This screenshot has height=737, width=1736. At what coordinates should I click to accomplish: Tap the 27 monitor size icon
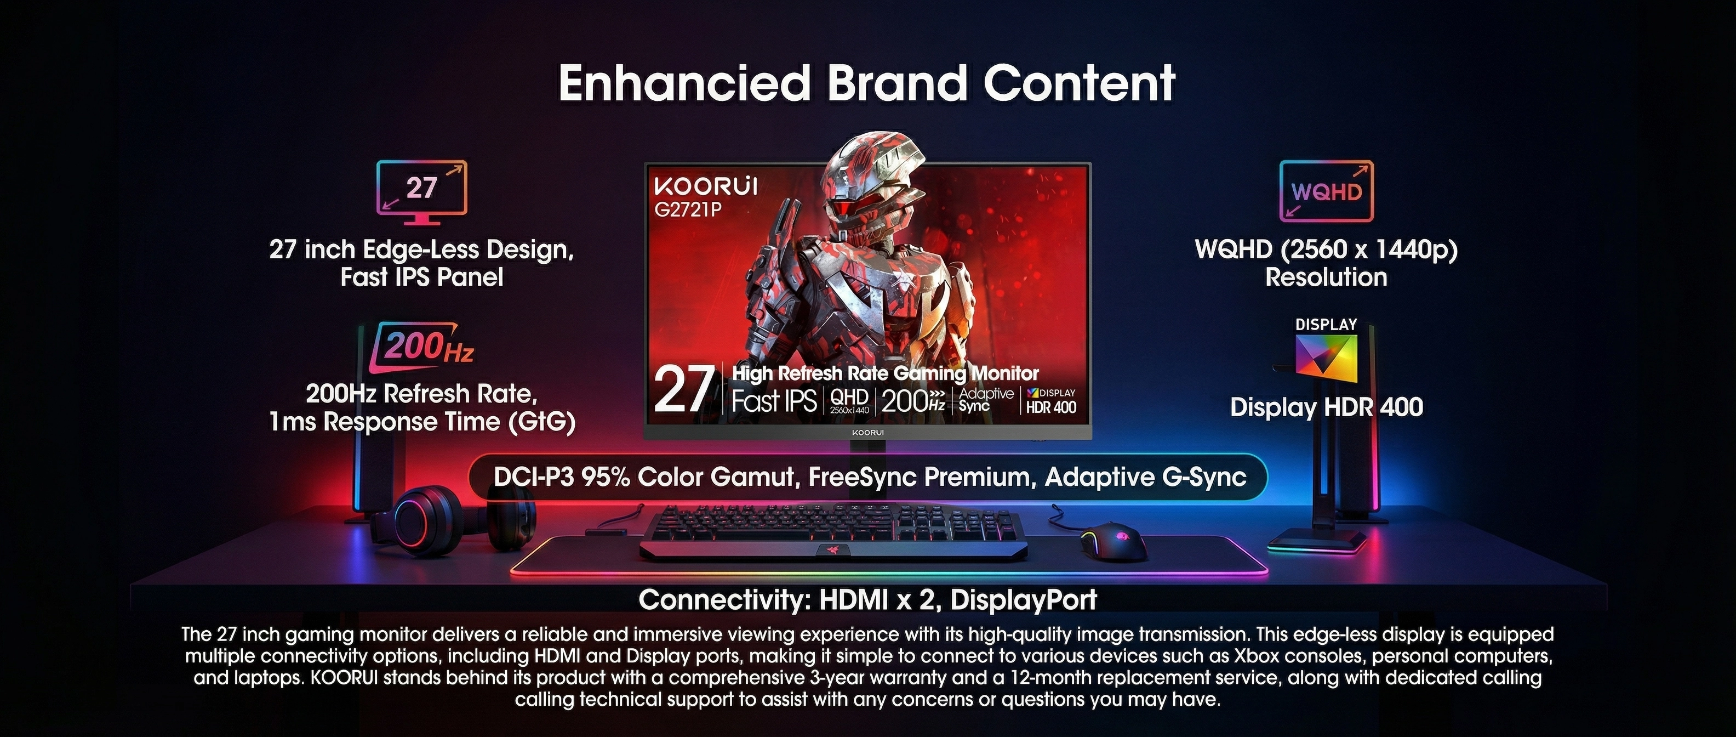[x=422, y=191]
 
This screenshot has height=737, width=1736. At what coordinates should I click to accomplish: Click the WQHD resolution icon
[x=1326, y=191]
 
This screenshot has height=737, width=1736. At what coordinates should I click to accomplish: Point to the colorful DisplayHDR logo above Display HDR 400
[x=1326, y=355]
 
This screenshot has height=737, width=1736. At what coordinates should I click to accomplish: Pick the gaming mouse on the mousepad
[x=1114, y=541]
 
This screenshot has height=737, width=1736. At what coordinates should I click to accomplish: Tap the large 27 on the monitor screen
[x=683, y=390]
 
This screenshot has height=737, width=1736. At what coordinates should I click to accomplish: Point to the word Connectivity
[x=724, y=599]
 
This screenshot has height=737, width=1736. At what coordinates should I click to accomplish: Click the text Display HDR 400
[x=1326, y=407]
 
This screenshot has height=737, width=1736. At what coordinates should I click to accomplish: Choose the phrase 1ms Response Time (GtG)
[x=422, y=422]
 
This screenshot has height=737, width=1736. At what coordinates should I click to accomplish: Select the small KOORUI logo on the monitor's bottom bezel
[x=867, y=432]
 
